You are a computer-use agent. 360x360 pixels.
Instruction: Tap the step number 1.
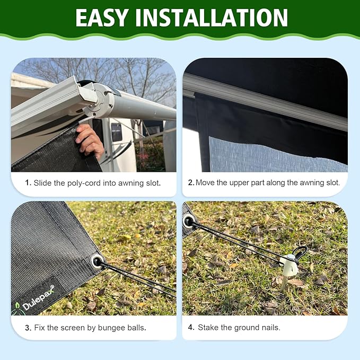tap(28, 183)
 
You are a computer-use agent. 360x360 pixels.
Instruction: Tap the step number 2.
tap(191, 183)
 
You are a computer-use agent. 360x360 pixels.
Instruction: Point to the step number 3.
tap(28, 328)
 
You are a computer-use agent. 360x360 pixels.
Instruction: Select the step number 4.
tap(191, 328)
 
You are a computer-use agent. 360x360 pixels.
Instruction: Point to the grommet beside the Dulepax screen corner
tap(97, 260)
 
